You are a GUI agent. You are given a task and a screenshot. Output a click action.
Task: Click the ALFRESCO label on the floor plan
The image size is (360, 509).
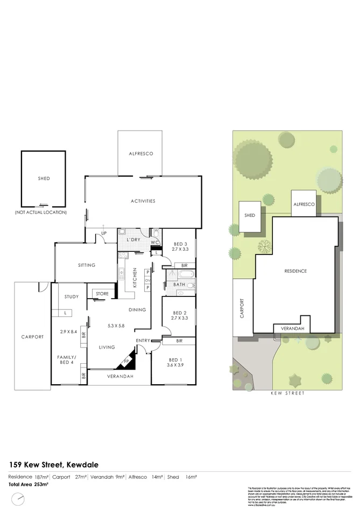pyautogui.click(x=141, y=153)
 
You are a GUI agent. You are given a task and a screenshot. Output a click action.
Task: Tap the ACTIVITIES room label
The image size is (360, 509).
pyautogui.click(x=143, y=201)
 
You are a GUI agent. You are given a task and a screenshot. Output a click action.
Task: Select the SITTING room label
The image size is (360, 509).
pyautogui.click(x=87, y=265)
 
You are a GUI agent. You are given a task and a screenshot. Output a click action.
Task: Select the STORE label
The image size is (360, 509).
pyautogui.click(x=102, y=294)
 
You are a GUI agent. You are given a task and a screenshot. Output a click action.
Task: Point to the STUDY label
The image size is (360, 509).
pyautogui.click(x=71, y=297)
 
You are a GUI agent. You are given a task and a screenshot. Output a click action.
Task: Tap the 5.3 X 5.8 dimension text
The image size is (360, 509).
pyautogui.click(x=116, y=325)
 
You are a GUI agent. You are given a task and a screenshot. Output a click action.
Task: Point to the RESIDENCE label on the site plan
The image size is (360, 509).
pyautogui.click(x=295, y=271)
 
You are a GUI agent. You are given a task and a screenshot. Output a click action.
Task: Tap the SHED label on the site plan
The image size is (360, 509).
pyautogui.click(x=250, y=216)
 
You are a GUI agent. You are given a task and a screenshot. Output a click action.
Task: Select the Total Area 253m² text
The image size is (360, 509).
pyautogui.click(x=29, y=485)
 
